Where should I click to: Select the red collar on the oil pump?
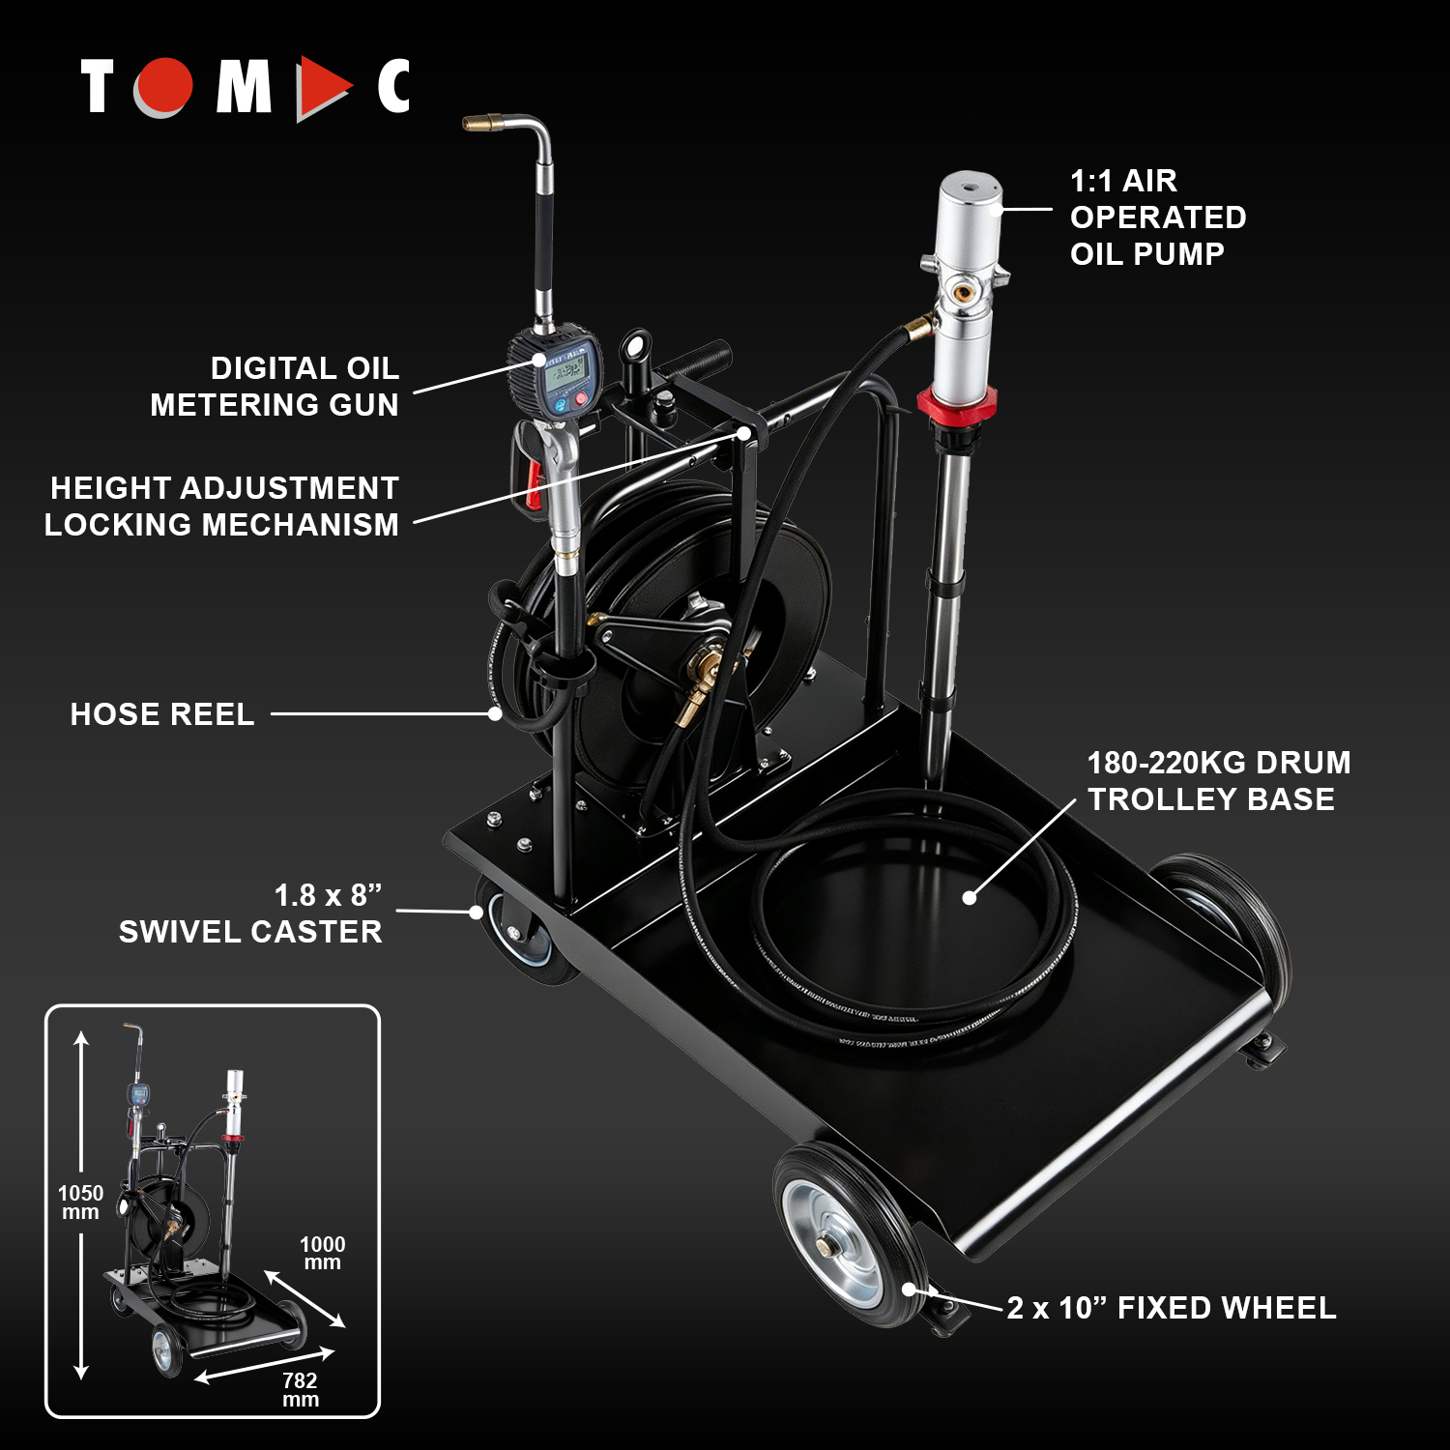pyautogui.click(x=956, y=402)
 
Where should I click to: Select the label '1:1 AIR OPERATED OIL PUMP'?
pyautogui.click(x=1157, y=217)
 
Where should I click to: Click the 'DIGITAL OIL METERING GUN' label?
pyautogui.click(x=275, y=386)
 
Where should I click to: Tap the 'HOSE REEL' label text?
pyautogui.click(x=162, y=714)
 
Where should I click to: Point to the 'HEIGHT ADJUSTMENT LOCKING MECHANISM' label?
pyautogui.click(x=221, y=506)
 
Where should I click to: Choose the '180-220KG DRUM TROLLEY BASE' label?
pyautogui.click(x=1218, y=781)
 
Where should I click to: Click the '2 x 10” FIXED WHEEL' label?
pyautogui.click(x=1172, y=1308)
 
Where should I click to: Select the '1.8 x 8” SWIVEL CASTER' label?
pyautogui.click(x=250, y=913)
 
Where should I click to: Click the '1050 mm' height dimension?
pyautogui.click(x=80, y=1203)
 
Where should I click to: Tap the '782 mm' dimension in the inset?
pyautogui.click(x=300, y=1390)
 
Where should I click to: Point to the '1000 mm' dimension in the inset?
pyautogui.click(x=322, y=1253)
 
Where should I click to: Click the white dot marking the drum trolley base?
pyautogui.click(x=970, y=897)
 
